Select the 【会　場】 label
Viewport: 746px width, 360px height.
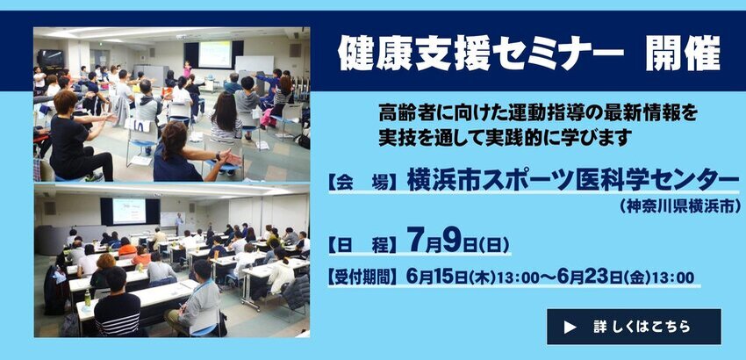click(364, 184)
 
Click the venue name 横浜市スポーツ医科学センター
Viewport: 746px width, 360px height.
click(573, 183)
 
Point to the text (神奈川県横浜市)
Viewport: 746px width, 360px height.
click(680, 206)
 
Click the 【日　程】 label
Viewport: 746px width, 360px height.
click(364, 245)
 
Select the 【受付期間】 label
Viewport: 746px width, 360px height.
click(362, 277)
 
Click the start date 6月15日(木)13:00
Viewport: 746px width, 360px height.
click(477, 277)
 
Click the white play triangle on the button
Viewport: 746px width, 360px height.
click(570, 328)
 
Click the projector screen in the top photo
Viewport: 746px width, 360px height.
click(214, 54)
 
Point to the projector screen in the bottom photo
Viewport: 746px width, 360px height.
click(129, 211)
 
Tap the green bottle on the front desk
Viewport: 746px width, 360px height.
click(88, 298)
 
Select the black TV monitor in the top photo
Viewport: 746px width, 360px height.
click(50, 59)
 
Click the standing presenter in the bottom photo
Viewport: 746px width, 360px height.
click(179, 223)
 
